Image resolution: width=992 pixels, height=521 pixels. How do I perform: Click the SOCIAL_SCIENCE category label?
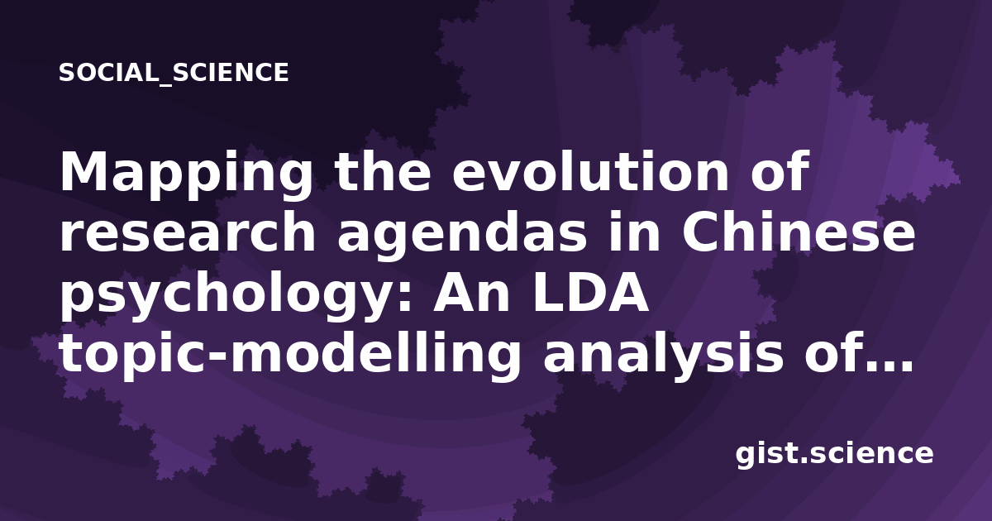[x=174, y=73]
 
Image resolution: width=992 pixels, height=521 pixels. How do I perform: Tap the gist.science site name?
[x=834, y=455]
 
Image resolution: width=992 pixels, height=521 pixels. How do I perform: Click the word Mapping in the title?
[x=186, y=175]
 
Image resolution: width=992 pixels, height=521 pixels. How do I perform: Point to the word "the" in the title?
[x=383, y=171]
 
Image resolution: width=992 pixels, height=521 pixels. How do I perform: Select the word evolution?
[x=590, y=171]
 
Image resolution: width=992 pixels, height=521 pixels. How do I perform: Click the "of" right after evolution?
[x=780, y=171]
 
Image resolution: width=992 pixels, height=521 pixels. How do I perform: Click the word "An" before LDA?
[x=472, y=294]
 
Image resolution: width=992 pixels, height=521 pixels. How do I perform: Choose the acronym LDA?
[x=591, y=294]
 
